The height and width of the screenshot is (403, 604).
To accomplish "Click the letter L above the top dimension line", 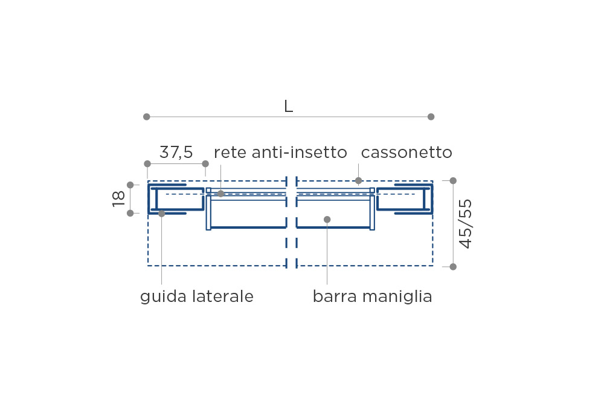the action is [x=288, y=106].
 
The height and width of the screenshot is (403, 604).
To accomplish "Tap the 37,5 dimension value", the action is [x=176, y=152].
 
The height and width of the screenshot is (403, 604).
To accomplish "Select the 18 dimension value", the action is [x=118, y=199].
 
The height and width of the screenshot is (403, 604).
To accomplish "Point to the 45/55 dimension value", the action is [x=465, y=224].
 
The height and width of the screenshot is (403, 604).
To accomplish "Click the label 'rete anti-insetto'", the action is [x=280, y=152].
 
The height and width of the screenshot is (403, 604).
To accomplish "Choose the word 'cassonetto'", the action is [x=406, y=153].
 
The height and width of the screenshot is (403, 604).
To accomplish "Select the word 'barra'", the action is [x=335, y=297].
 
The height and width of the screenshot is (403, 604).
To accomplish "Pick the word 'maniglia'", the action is [x=397, y=297].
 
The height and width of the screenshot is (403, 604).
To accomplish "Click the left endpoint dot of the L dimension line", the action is [x=146, y=117].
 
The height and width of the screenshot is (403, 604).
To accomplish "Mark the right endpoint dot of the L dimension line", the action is [x=431, y=117].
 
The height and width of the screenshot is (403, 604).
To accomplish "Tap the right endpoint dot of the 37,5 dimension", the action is [x=205, y=163].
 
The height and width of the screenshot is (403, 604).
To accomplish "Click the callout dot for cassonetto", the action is [x=359, y=180].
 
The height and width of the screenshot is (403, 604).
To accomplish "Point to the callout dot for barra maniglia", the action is [x=327, y=219].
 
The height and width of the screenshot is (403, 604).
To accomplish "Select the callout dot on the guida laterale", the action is [x=162, y=214].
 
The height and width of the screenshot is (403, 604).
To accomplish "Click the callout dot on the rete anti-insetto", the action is [x=220, y=194].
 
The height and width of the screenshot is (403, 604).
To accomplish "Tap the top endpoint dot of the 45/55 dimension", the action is [x=453, y=181].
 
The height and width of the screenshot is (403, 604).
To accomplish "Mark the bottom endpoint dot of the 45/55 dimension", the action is [x=453, y=267].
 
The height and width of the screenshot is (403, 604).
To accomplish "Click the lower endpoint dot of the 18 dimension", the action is [x=130, y=213].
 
